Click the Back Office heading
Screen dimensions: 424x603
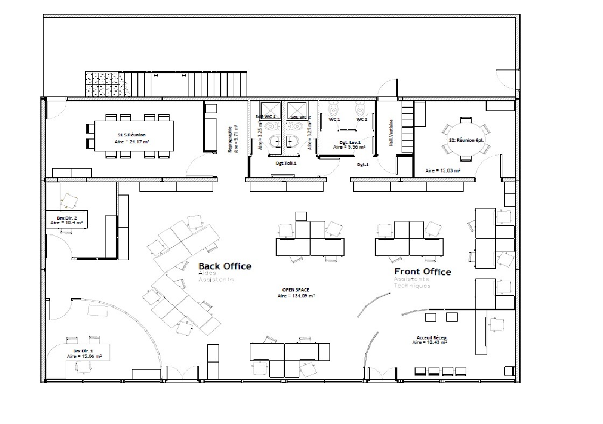(x=225, y=266)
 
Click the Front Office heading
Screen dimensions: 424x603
(x=423, y=272)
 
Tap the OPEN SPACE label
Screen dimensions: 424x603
(x=296, y=290)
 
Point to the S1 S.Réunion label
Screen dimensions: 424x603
(x=131, y=135)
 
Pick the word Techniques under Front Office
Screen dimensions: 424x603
(x=412, y=286)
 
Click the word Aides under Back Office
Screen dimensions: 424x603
(x=207, y=273)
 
